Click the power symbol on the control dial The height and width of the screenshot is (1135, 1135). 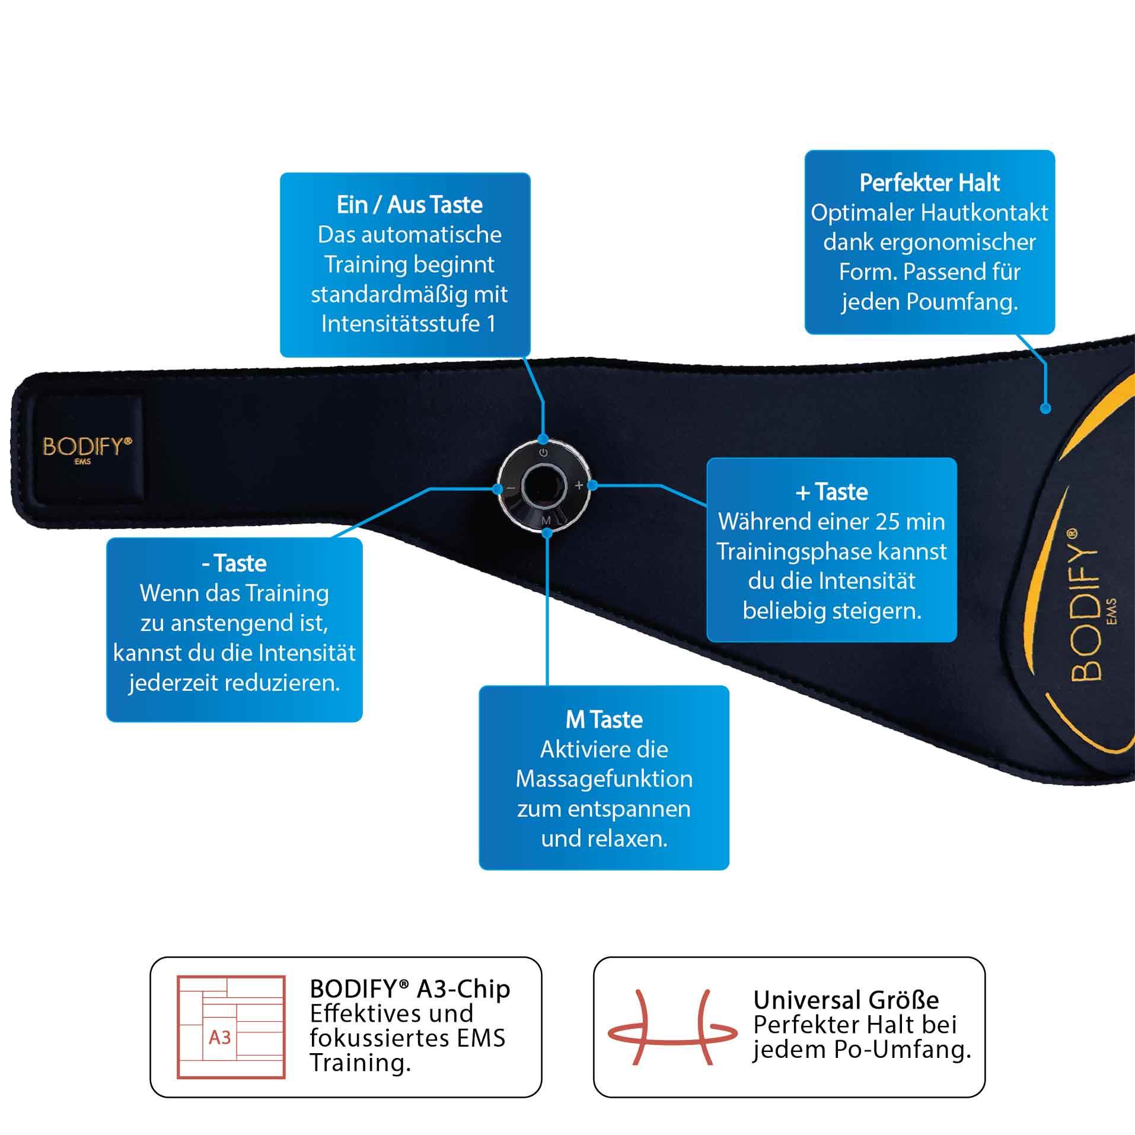click(x=543, y=453)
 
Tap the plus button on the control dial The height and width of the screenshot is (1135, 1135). click(x=579, y=486)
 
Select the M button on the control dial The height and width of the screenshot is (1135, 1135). click(x=546, y=520)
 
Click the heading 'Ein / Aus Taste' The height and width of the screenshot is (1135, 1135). click(x=409, y=205)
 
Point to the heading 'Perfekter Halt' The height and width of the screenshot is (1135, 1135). click(x=929, y=183)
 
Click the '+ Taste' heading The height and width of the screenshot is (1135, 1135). click(x=831, y=492)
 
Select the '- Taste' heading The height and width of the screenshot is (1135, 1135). click(x=234, y=563)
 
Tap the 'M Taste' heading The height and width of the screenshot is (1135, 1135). click(x=604, y=719)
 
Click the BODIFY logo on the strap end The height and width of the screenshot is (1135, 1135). click(x=87, y=448)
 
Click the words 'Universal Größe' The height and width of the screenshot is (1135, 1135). click(x=846, y=1000)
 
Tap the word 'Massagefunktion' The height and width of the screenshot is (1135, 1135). click(x=604, y=779)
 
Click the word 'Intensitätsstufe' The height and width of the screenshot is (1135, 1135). click(x=400, y=324)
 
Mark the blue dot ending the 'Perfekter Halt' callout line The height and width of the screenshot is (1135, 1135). click(x=1045, y=408)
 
